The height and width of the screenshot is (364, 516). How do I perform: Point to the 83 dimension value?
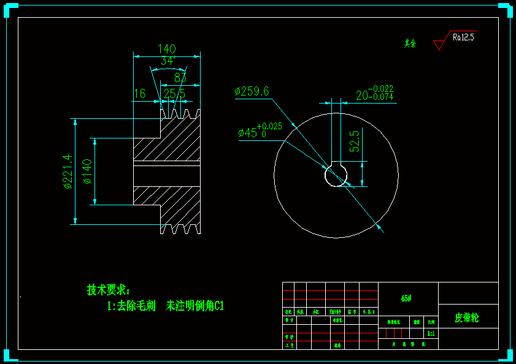(180, 78)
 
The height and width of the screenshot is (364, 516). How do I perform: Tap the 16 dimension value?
(139, 94)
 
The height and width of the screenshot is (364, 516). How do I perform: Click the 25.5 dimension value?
(174, 94)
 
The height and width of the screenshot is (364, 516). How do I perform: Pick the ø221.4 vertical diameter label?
(68, 172)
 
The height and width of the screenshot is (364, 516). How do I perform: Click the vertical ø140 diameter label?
(87, 172)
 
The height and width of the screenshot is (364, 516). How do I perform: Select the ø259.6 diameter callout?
(252, 92)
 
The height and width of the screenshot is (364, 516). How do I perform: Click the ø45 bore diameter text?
(247, 132)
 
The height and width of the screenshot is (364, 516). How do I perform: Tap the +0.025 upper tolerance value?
(269, 127)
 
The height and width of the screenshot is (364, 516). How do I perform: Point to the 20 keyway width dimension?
(362, 95)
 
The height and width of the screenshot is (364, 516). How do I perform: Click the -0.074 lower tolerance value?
(381, 97)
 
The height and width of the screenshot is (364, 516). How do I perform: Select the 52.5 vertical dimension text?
(355, 141)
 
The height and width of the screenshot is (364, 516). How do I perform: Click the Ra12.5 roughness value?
(463, 37)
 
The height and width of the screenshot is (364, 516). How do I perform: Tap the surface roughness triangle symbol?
(439, 44)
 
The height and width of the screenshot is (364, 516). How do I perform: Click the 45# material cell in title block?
(406, 298)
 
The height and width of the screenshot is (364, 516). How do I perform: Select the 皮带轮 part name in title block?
(467, 318)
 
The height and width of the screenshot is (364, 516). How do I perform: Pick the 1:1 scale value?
(431, 333)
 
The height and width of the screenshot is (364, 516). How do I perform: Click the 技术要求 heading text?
(108, 289)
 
